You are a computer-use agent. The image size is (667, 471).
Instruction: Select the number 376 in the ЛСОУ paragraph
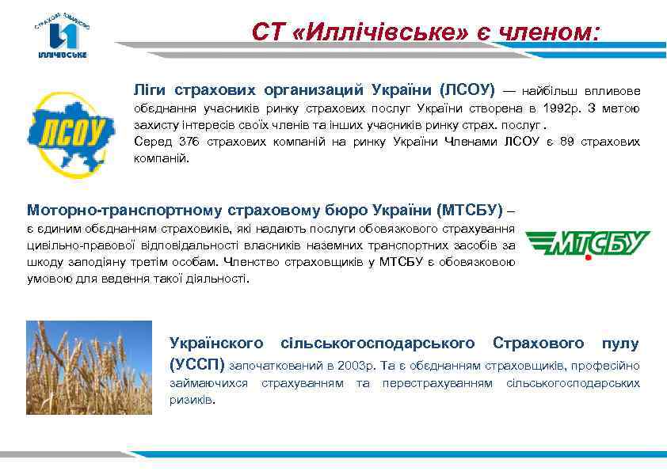tap(189, 142)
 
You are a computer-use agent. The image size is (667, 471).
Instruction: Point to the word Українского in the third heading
tap(216, 343)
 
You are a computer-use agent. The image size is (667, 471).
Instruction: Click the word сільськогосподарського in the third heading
tap(378, 343)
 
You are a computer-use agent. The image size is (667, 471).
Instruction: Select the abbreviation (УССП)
tap(198, 364)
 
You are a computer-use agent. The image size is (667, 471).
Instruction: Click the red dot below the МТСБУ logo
tap(588, 258)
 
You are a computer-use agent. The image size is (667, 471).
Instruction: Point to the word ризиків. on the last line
tap(192, 400)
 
